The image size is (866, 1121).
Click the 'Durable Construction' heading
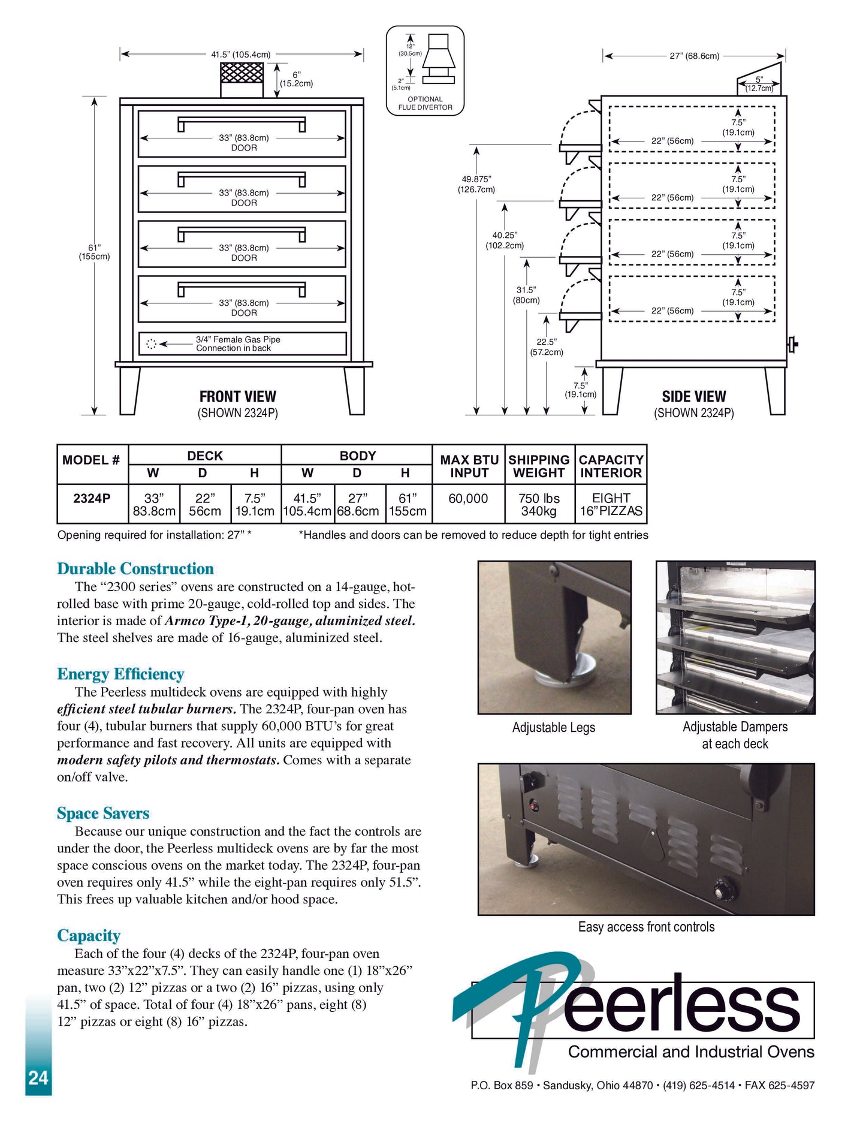[135, 568]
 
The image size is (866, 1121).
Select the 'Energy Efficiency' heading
[120, 674]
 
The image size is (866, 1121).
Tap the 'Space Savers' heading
[103, 813]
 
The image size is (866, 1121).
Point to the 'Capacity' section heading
[89, 935]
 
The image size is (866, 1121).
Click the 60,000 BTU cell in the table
[468, 499]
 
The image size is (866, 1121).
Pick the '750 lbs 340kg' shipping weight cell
[539, 505]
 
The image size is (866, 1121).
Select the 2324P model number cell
[92, 499]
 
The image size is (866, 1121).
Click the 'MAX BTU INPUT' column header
[469, 466]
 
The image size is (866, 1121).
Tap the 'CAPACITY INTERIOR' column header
[611, 466]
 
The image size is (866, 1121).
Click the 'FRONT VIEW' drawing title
[237, 397]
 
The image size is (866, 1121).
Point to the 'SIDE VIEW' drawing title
[693, 397]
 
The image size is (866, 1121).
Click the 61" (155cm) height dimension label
[95, 252]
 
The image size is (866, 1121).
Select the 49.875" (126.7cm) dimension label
[476, 184]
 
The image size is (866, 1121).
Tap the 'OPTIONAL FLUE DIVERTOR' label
[426, 103]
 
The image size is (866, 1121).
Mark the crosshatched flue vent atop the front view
[242, 73]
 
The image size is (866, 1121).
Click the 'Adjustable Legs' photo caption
[554, 727]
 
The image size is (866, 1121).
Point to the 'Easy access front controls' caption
[646, 927]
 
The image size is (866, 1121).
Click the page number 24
[38, 1078]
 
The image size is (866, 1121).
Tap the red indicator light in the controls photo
[532, 806]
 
